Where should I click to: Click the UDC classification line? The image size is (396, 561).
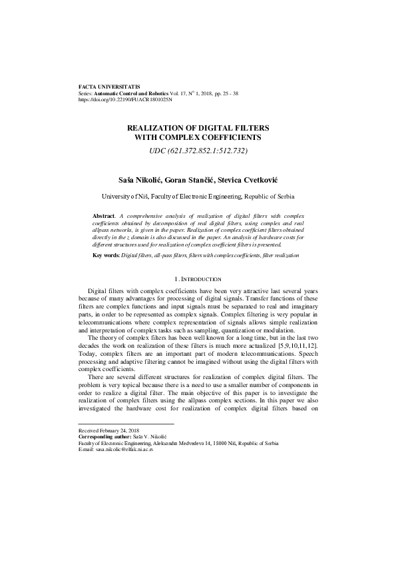pos(198,151)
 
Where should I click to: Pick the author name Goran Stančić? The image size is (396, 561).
pos(194,180)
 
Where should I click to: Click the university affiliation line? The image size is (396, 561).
pos(198,198)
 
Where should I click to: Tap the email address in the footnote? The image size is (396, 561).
pos(124,450)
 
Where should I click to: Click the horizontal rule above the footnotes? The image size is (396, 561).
pos(126,424)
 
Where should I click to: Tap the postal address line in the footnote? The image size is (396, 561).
pos(178,444)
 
